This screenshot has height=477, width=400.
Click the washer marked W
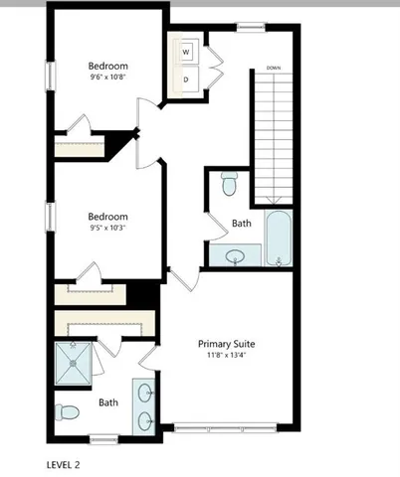pos(186,52)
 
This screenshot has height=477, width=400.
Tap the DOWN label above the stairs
pos(273,69)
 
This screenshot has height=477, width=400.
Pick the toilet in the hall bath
pos(229,184)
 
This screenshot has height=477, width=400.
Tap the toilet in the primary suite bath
pos(68,410)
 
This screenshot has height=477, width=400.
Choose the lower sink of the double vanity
pos(144,419)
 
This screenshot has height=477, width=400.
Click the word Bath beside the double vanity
pos(107,403)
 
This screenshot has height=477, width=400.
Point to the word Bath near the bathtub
pos(241,224)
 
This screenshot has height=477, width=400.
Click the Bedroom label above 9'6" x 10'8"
pos(107,68)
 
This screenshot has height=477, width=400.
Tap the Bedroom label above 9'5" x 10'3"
pos(107,217)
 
